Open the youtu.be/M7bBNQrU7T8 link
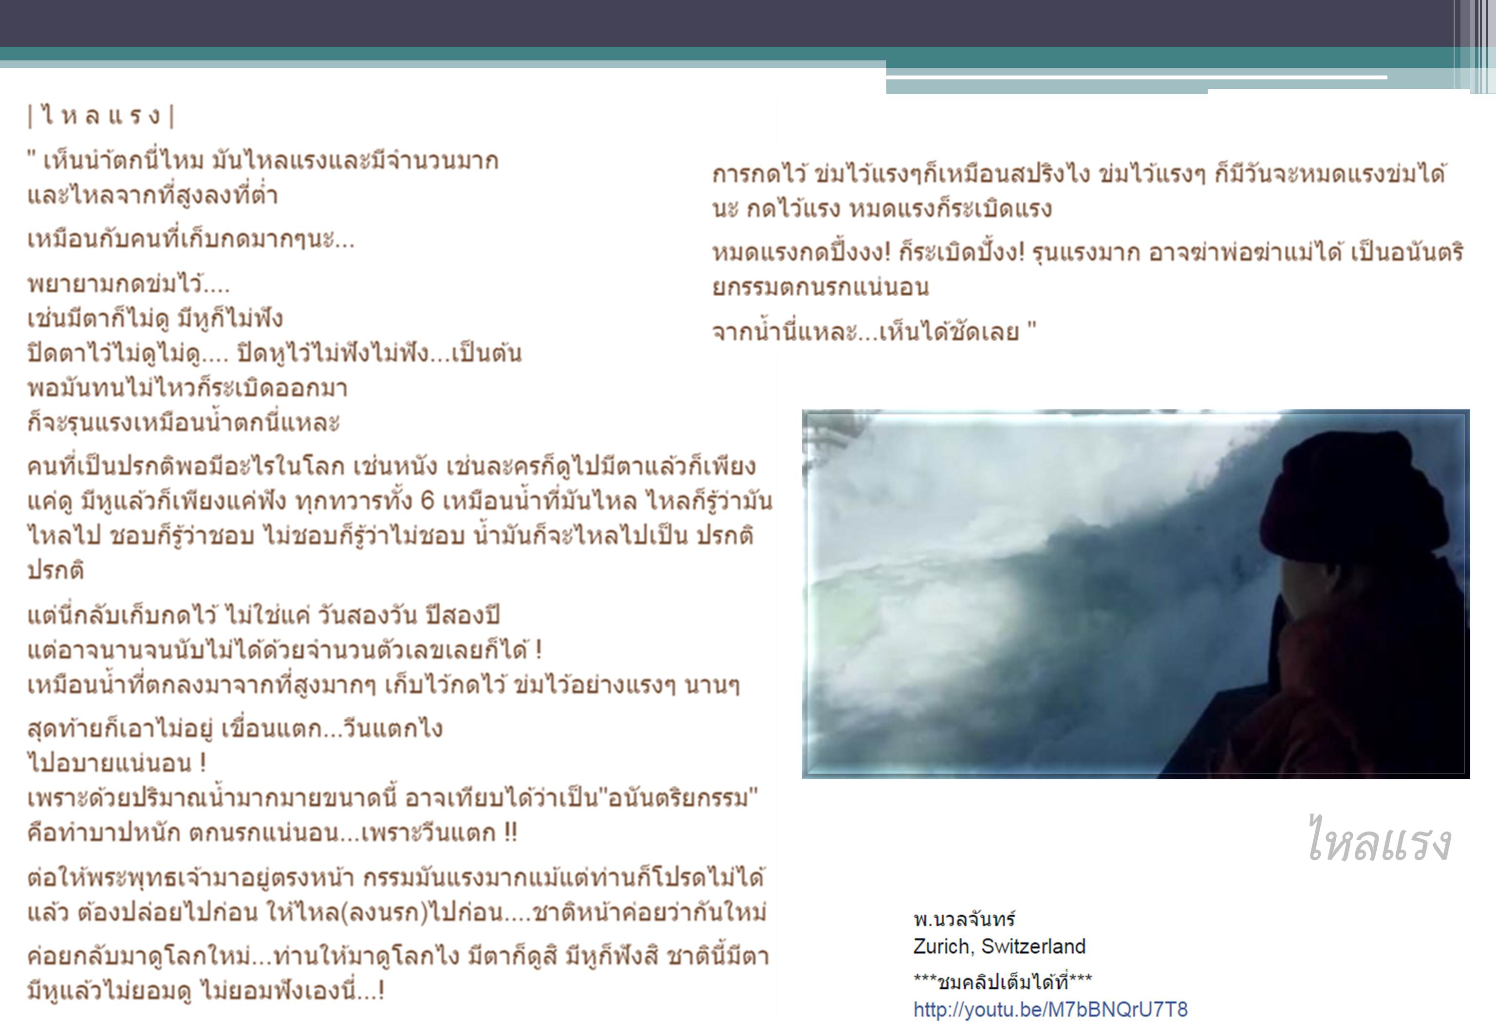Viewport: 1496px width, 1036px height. (1050, 1009)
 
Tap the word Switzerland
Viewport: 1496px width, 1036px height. (1033, 946)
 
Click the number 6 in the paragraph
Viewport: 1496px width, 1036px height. (427, 501)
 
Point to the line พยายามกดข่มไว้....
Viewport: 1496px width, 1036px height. (129, 283)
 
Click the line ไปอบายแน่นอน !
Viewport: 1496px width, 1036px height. (117, 763)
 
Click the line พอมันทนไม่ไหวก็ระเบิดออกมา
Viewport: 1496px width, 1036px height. (187, 388)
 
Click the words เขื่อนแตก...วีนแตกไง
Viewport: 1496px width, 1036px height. (332, 728)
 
